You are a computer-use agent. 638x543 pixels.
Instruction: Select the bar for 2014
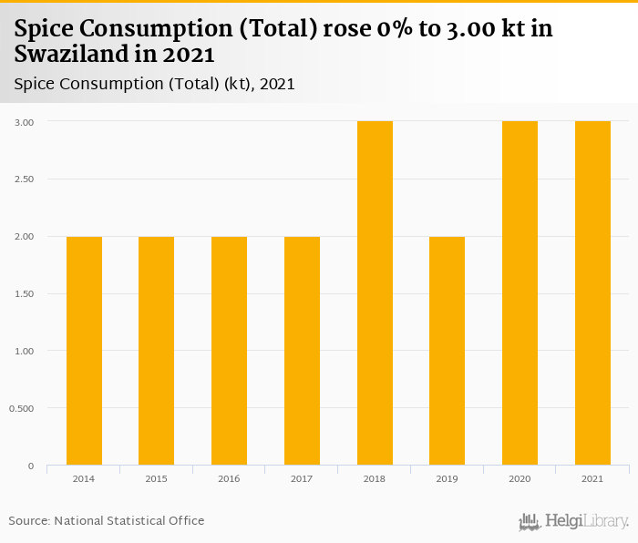84,351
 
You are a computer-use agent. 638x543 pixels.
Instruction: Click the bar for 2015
156,351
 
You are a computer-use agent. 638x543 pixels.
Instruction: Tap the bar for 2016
229,351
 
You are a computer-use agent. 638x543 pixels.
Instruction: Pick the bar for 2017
302,351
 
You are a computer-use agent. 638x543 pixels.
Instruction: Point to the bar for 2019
447,351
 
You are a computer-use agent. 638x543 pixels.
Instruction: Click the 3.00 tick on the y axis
25,121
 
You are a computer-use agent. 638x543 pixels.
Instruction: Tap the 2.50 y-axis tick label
25,179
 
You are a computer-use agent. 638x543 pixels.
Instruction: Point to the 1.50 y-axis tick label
25,293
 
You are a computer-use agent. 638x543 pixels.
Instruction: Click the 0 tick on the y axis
31,466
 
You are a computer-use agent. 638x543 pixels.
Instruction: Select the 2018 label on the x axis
375,478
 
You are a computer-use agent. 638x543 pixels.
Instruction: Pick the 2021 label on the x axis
592,478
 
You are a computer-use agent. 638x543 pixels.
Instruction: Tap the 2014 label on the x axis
84,478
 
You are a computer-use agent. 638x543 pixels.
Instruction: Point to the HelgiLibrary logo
573,522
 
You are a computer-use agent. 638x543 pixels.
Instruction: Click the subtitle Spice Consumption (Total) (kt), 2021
154,84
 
